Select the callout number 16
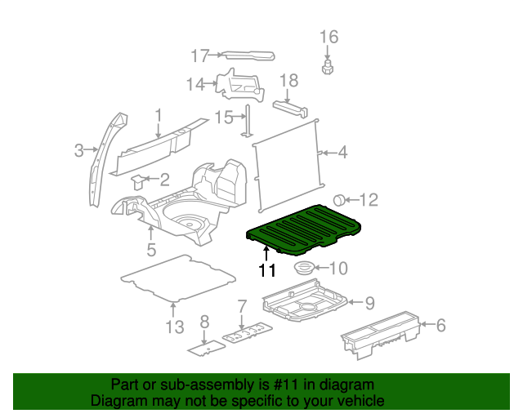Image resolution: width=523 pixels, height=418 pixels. click(x=328, y=37)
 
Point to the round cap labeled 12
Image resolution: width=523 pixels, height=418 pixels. click(x=339, y=200)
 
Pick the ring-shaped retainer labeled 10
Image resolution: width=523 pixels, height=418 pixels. click(x=304, y=268)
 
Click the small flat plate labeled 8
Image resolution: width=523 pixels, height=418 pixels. click(x=205, y=347)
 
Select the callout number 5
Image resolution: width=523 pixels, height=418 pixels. click(x=150, y=249)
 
